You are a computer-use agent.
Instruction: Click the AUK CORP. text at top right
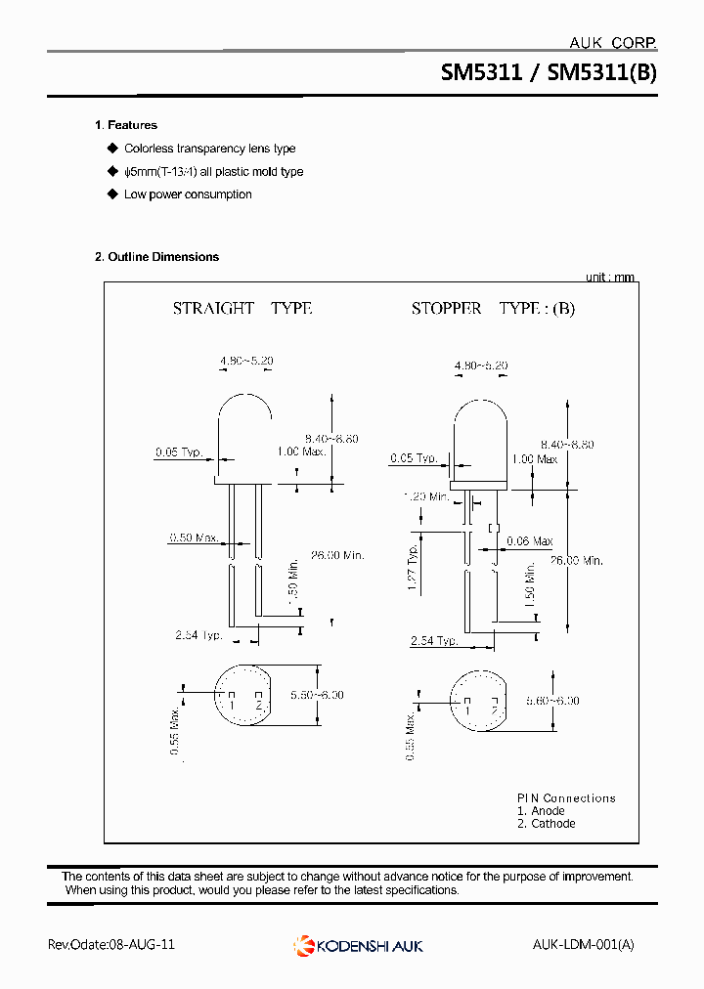tap(612, 42)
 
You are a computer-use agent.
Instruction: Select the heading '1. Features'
tap(125, 125)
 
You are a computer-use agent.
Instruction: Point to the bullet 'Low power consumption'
tap(188, 194)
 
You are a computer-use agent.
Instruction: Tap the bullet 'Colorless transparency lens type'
tap(209, 149)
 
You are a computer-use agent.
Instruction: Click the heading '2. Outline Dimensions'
tap(156, 257)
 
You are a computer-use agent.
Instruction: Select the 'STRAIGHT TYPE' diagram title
tap(242, 308)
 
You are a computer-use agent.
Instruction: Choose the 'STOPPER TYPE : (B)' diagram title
tap(493, 308)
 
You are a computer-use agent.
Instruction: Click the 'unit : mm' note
tap(610, 278)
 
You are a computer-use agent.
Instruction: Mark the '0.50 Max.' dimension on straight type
tap(193, 537)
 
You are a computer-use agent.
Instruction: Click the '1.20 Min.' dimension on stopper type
tap(426, 496)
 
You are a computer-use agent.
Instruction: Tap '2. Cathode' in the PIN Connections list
tap(546, 824)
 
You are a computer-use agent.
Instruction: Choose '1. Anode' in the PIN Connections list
tap(541, 811)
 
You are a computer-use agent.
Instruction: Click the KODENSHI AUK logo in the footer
tap(358, 945)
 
